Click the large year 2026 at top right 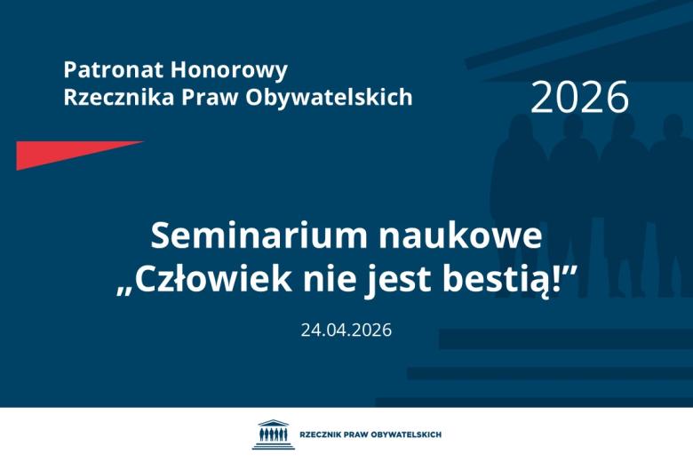click(579, 97)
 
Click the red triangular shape click(62, 153)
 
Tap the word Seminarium click(259, 235)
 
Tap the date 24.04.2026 click(346, 330)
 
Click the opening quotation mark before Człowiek click(126, 291)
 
